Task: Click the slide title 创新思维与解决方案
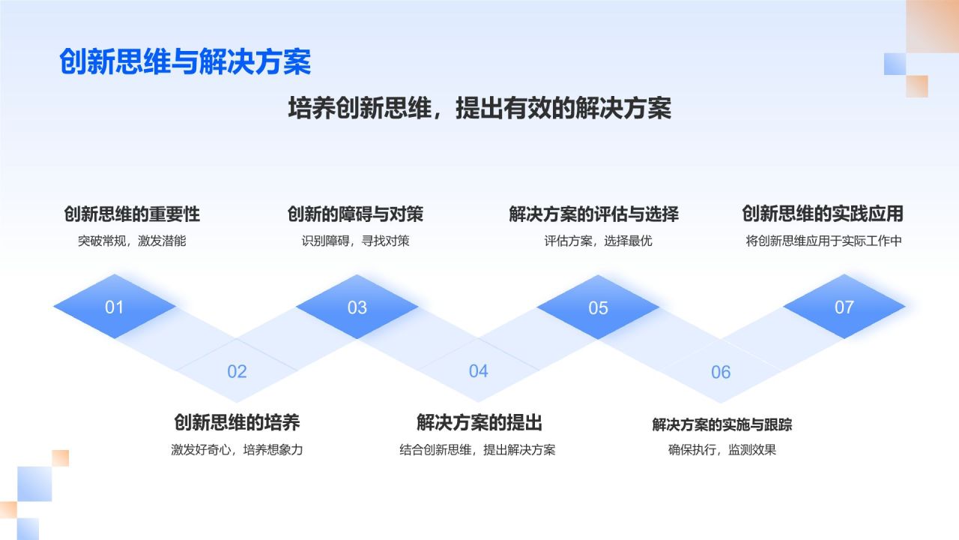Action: [x=185, y=62]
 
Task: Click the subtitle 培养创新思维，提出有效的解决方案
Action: [x=479, y=108]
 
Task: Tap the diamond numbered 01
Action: [x=115, y=307]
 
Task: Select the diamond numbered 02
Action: [x=237, y=371]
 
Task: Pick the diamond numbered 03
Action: [x=357, y=307]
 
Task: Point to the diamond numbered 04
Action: [x=478, y=371]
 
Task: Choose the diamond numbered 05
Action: [x=598, y=307]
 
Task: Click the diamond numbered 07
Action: [x=844, y=307]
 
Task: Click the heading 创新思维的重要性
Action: [x=132, y=214]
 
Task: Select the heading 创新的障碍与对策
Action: [x=355, y=214]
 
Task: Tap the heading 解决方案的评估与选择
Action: [x=593, y=214]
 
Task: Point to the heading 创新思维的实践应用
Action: [x=823, y=214]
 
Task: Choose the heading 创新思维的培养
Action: [x=237, y=423]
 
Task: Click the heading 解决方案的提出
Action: [x=479, y=423]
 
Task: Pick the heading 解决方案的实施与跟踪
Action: [x=722, y=424]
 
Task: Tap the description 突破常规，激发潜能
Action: [x=132, y=241]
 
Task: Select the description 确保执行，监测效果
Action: [x=722, y=450]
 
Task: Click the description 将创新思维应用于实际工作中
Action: [x=823, y=241]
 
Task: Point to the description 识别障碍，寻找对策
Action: [x=355, y=241]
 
